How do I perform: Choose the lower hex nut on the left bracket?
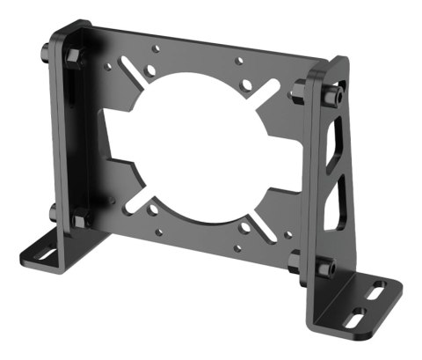(79, 217)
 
